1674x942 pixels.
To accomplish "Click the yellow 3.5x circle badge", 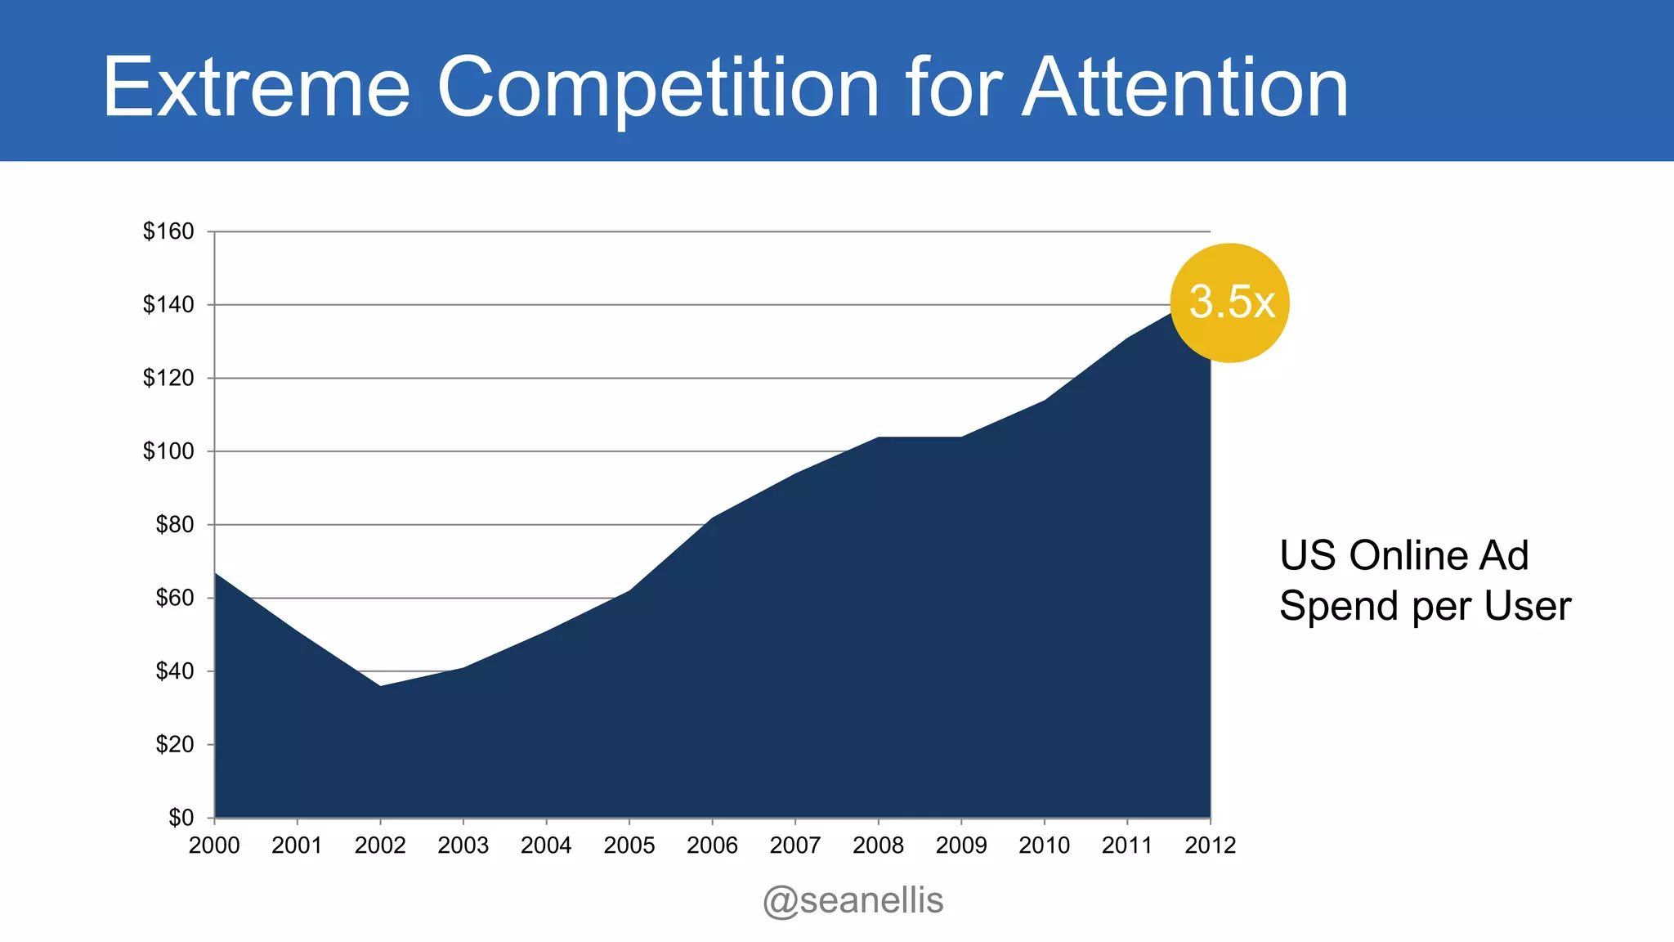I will [x=1229, y=303].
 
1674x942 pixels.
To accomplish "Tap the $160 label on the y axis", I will [x=168, y=231].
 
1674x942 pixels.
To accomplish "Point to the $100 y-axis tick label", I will [x=168, y=451].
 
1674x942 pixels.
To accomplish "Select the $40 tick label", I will [x=175, y=671].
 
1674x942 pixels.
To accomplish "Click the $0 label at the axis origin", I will [x=181, y=818].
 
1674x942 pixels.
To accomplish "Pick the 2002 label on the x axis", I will [x=380, y=846].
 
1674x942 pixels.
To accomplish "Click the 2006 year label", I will [x=712, y=846].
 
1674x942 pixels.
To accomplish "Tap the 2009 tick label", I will [x=961, y=846].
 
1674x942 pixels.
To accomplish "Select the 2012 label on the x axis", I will [x=1210, y=846].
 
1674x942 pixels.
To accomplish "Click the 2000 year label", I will [x=214, y=846].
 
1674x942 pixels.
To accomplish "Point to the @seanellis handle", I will [x=853, y=900].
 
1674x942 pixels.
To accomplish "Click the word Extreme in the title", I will [x=256, y=87].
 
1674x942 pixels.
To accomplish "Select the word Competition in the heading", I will [x=658, y=87].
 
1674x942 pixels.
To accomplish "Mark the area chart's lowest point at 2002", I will [x=380, y=686].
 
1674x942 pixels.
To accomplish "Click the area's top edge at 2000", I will [x=216, y=574].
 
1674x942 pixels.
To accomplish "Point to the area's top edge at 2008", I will [x=878, y=437].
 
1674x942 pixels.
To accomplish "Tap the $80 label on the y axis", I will [x=175, y=525].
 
